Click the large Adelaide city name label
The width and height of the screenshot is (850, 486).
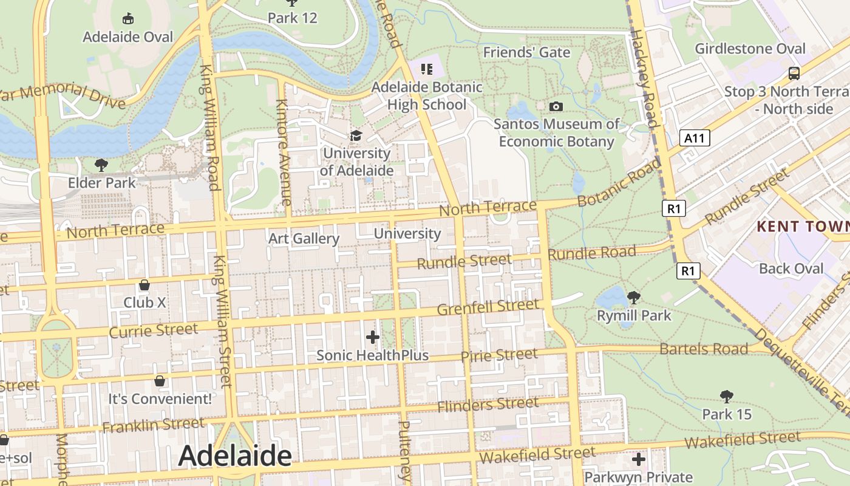[235, 456]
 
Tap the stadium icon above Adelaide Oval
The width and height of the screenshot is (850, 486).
[128, 19]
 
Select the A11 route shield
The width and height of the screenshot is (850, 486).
[695, 138]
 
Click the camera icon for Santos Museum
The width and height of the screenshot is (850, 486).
[556, 107]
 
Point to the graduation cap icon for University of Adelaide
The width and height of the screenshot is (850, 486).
[356, 135]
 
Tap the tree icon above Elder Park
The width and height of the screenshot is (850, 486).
[101, 165]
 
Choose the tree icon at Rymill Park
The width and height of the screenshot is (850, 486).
[634, 298]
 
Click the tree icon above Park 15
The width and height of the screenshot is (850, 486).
[726, 397]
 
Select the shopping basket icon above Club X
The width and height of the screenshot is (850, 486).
[144, 285]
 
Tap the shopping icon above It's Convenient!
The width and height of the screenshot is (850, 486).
[160, 381]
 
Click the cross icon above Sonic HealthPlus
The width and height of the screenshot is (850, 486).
[373, 337]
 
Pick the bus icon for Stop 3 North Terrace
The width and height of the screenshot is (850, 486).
[794, 74]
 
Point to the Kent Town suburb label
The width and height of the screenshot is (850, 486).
[803, 227]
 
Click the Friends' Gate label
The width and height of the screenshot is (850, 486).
[526, 53]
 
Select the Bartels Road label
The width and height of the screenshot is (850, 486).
[704, 349]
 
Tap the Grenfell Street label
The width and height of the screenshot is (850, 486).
[488, 307]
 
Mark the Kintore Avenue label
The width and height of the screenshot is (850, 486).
[284, 152]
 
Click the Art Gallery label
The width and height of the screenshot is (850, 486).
[304, 238]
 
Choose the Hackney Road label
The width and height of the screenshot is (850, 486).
[645, 79]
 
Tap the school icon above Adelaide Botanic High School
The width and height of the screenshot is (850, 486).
[427, 69]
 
